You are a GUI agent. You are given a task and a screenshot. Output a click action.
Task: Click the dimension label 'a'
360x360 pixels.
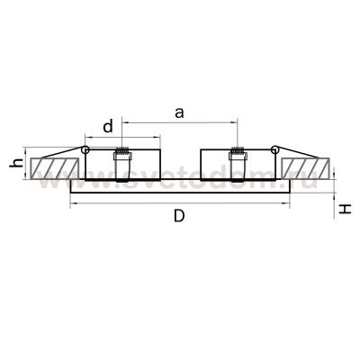[x=179, y=112]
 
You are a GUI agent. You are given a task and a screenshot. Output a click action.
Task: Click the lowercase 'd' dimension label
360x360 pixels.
[x=109, y=127]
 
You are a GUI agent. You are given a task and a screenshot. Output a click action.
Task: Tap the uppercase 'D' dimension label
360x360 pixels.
[x=179, y=217]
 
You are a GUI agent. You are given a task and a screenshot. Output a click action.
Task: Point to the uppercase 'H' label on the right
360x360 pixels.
[x=345, y=210]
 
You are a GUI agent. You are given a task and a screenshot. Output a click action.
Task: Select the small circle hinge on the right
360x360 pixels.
[x=274, y=150]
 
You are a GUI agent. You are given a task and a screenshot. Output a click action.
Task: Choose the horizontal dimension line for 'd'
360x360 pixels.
[x=135, y=138]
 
